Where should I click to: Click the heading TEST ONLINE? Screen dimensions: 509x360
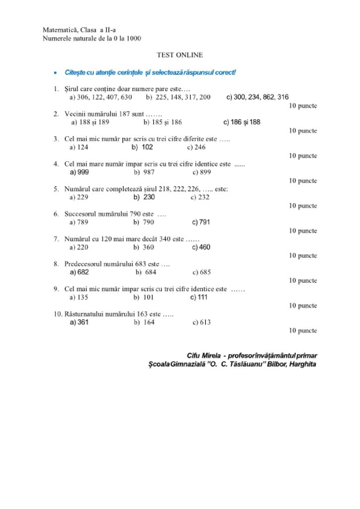tap(180, 55)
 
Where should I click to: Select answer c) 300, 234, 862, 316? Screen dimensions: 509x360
tap(258, 97)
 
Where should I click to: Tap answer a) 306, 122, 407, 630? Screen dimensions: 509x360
tap(100, 97)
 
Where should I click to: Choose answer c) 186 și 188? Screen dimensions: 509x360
tap(242, 122)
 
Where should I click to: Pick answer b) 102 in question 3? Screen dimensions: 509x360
tap(142, 147)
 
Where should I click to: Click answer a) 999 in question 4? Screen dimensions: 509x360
tap(80, 172)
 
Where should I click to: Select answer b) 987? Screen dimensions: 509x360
tap(144, 172)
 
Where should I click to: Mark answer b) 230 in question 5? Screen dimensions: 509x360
tap(144, 197)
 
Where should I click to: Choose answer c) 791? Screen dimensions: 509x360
tap(201, 222)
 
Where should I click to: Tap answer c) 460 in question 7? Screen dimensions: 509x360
tap(201, 247)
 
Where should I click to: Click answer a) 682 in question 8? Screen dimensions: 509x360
tap(80, 272)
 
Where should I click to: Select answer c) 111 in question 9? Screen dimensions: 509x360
tap(199, 297)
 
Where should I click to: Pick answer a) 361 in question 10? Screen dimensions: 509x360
tap(80, 322)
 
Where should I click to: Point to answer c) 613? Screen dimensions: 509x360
tap(201, 322)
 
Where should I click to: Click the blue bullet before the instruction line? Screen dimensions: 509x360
tap(55, 73)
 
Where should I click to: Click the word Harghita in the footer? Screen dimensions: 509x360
tap(300, 364)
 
